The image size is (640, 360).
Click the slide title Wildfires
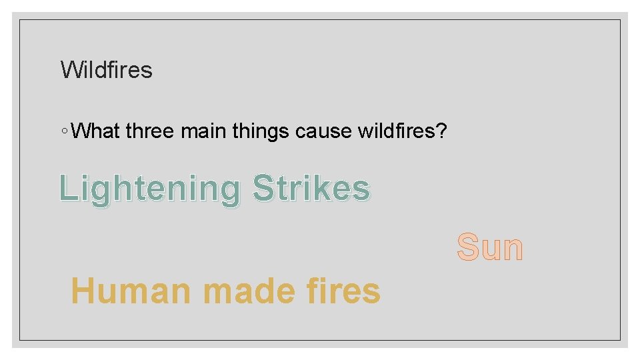tap(107, 69)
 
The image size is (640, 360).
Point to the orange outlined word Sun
tap(490, 247)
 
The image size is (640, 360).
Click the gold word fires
tap(340, 291)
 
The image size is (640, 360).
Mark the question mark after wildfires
tap(441, 131)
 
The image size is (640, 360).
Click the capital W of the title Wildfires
tap(69, 69)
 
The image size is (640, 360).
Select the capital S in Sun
tap(468, 247)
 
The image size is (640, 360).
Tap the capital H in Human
tap(83, 291)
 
